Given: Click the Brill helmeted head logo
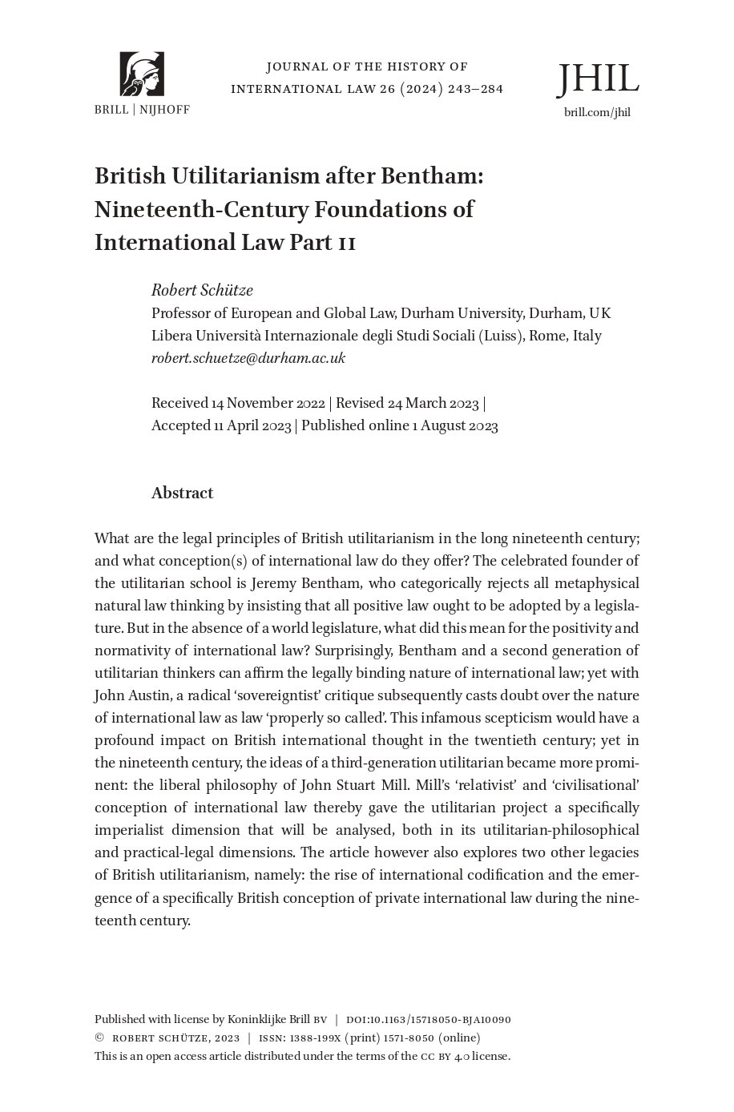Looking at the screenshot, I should pyautogui.click(x=142, y=74).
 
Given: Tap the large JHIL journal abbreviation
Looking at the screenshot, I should pyautogui.click(x=598, y=79).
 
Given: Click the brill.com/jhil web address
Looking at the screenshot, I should pyautogui.click(x=597, y=112).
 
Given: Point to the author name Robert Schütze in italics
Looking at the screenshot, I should pyautogui.click(x=202, y=290).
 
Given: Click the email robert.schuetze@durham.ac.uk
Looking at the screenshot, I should pyautogui.click(x=248, y=358).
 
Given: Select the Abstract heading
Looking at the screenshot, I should pyautogui.click(x=182, y=493).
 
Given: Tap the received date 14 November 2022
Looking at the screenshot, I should pyautogui.click(x=268, y=403).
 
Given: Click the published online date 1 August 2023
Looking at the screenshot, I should pyautogui.click(x=454, y=425).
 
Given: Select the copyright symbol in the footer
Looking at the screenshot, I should pyautogui.click(x=99, y=1037).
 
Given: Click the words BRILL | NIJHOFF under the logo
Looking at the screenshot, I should pyautogui.click(x=142, y=110).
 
